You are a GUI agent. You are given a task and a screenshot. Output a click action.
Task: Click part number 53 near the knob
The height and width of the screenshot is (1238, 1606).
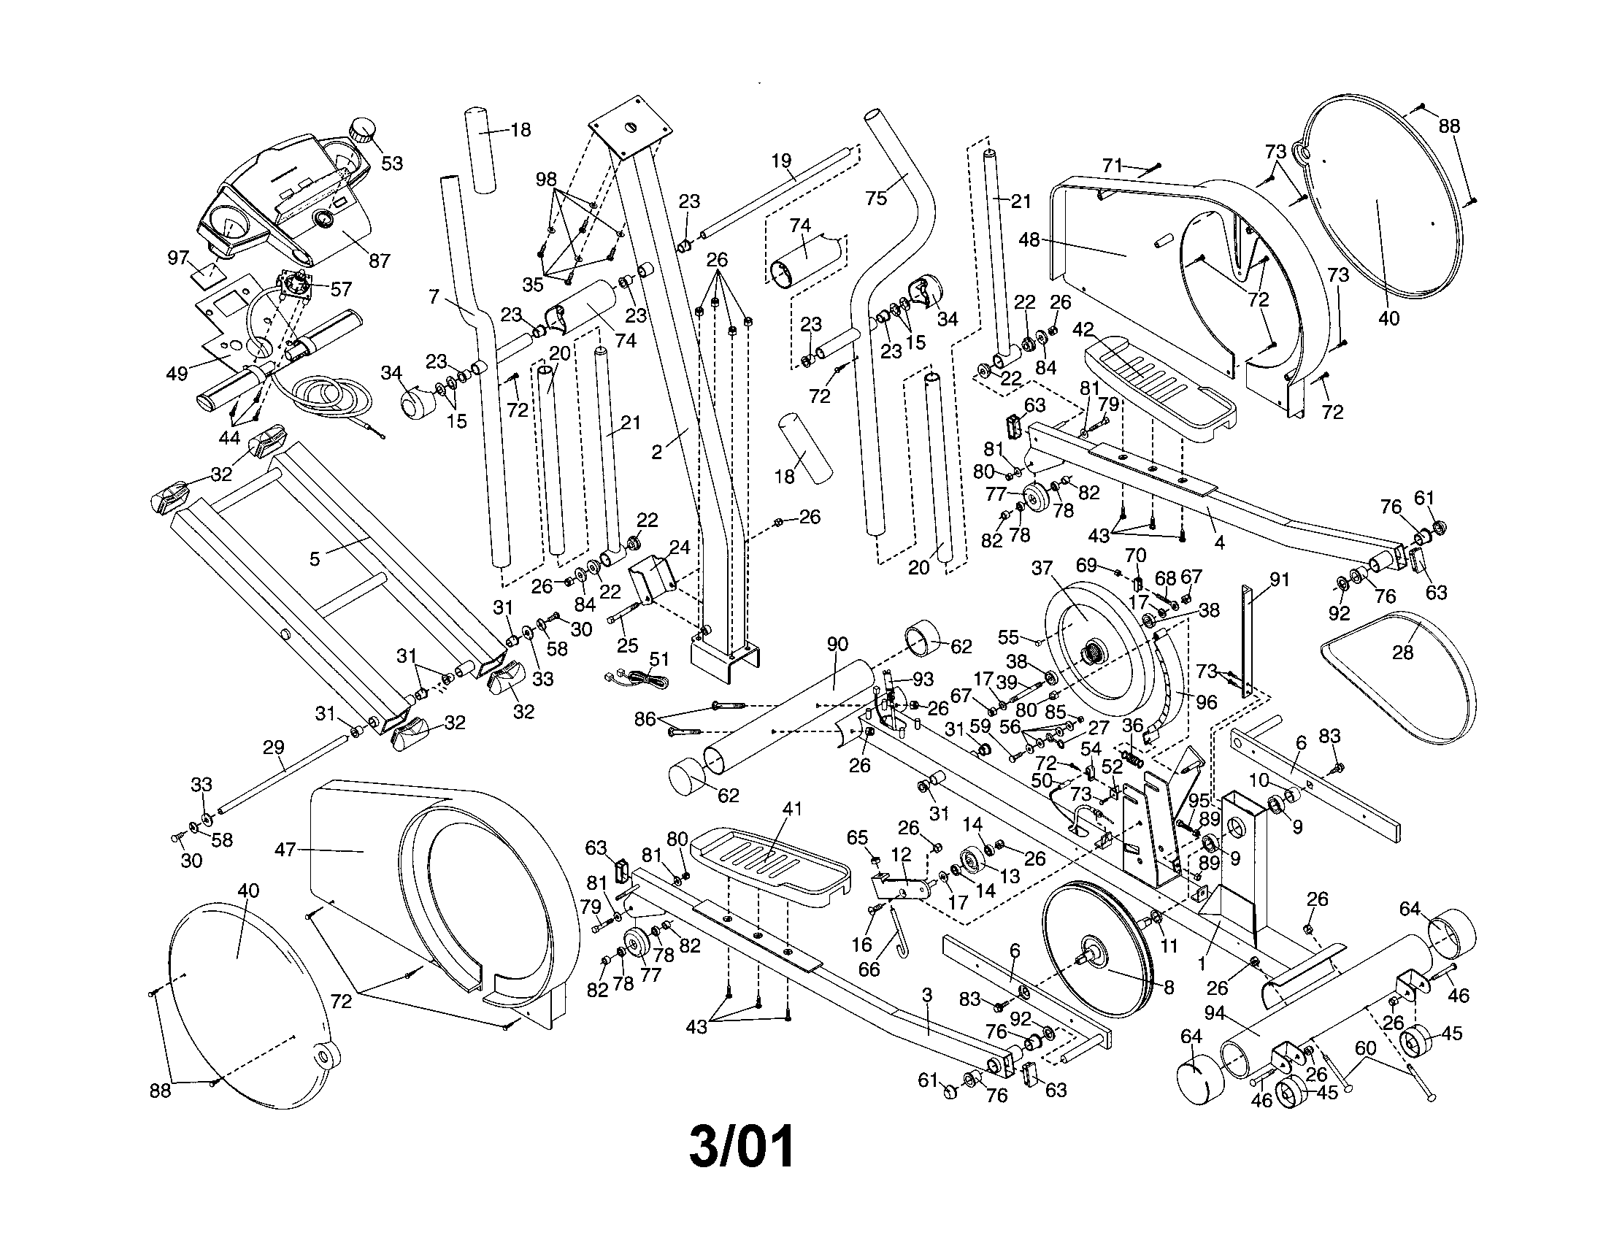(x=392, y=164)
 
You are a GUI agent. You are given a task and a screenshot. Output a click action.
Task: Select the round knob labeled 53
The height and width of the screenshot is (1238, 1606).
(x=362, y=131)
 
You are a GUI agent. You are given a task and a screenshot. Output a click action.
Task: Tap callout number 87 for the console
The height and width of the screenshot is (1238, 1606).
(x=379, y=261)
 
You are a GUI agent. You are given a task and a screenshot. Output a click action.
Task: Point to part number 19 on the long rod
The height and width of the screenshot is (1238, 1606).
(x=781, y=161)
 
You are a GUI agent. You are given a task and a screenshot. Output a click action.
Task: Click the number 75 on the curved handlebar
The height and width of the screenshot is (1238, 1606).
(x=876, y=198)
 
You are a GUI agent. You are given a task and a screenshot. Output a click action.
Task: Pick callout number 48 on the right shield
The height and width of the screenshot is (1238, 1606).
(x=1029, y=239)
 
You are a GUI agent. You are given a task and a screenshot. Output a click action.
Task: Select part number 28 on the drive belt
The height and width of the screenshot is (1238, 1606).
(x=1402, y=652)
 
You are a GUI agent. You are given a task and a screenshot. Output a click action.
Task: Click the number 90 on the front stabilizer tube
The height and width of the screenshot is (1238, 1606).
(x=837, y=644)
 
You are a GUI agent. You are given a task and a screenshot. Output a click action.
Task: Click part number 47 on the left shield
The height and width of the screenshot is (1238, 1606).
(x=285, y=850)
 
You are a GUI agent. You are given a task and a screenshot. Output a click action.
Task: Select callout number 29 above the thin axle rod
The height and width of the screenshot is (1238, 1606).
(x=274, y=747)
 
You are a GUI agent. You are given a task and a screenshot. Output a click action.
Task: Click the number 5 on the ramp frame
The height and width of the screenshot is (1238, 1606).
(x=315, y=559)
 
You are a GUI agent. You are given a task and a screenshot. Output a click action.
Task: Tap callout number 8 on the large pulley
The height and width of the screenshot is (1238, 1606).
(x=1169, y=987)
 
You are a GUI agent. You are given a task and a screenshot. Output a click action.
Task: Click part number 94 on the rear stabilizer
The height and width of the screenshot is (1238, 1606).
(x=1214, y=1014)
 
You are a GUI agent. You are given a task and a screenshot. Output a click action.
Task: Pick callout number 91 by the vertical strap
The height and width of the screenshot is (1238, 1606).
(x=1280, y=580)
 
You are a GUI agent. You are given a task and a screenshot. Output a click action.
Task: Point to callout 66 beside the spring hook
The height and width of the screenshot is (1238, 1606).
(x=869, y=969)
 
